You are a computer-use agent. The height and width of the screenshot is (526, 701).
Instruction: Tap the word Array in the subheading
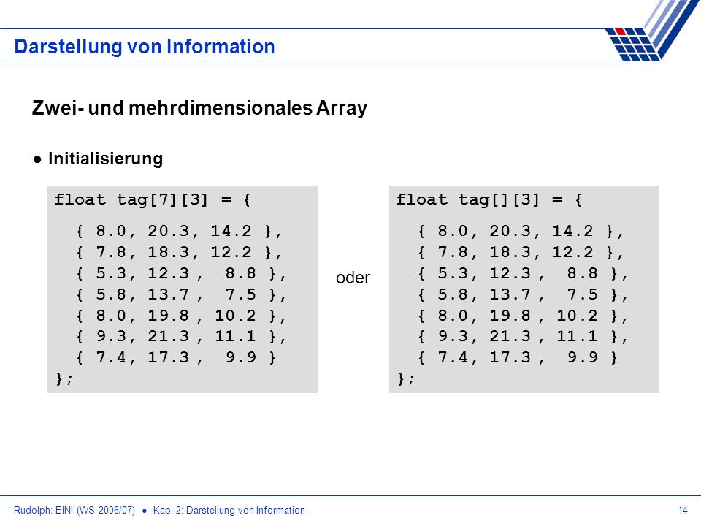(342, 108)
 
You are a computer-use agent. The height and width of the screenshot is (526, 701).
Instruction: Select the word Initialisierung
(105, 159)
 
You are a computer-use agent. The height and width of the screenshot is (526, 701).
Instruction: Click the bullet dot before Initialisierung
(37, 159)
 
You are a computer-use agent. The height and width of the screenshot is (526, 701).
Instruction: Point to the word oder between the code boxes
(353, 278)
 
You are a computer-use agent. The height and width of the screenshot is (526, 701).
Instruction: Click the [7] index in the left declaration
(164, 199)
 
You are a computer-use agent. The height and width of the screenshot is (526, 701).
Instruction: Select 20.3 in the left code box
(169, 231)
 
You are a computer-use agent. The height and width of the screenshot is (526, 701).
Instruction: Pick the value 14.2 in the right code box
(572, 231)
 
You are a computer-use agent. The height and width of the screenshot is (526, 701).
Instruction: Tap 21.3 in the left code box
(169, 336)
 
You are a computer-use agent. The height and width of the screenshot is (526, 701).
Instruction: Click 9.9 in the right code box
(583, 357)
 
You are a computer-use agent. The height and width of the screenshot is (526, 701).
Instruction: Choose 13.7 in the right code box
(510, 294)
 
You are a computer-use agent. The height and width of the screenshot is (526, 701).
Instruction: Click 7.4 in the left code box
(111, 357)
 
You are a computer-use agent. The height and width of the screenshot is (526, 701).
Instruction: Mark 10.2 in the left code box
(236, 316)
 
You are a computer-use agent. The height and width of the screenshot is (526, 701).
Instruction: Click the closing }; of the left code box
(64, 379)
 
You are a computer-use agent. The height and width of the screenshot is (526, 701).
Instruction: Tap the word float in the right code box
(421, 199)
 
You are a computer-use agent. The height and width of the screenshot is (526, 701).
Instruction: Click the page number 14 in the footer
(683, 511)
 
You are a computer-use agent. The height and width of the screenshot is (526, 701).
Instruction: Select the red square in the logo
(621, 31)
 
